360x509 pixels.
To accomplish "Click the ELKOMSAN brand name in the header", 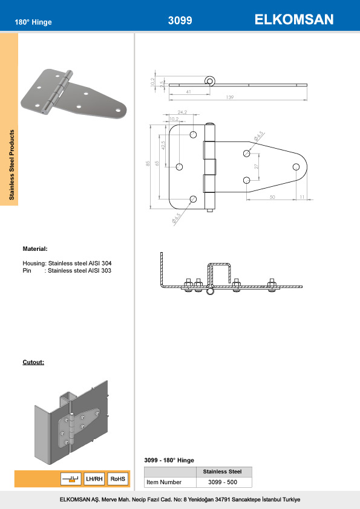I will coord(295,20).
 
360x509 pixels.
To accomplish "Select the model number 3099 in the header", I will coord(180,21).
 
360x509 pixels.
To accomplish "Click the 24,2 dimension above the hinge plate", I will coord(182,111).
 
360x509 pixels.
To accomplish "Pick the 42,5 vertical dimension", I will coord(163,145).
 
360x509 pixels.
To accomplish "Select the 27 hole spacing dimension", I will coord(257,166).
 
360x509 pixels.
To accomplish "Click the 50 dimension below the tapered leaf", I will coord(272,197).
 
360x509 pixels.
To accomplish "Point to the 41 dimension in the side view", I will coord(189,91).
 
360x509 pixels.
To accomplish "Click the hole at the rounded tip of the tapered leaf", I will coord(296,167).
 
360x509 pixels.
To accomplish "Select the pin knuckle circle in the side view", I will coord(210,80).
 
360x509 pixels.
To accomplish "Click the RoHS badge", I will coord(118,479).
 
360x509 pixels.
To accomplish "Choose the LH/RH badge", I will coord(94,479).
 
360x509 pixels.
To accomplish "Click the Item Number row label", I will coord(164,482).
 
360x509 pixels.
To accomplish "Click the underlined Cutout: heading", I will coord(33,362).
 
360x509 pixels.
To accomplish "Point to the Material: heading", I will coord(35,248).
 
